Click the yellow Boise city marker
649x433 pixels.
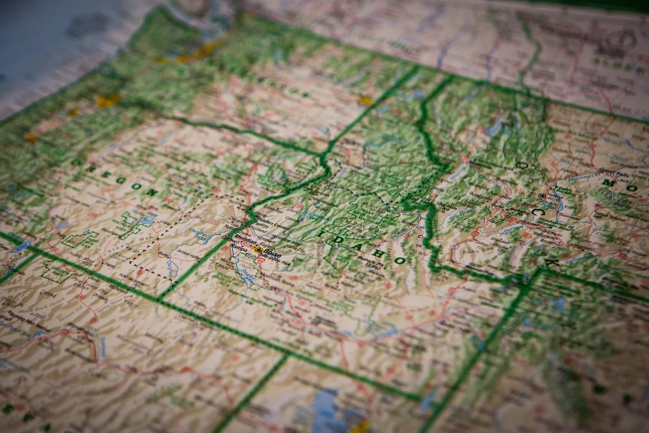pyautogui.click(x=259, y=249)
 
